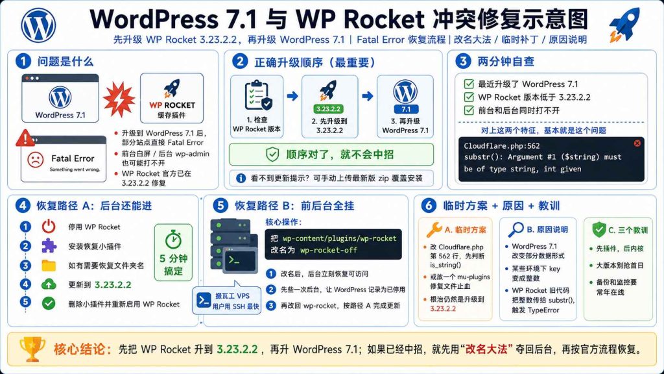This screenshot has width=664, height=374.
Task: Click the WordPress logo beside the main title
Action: (38, 25)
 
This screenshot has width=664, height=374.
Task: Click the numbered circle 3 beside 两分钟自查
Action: (463, 62)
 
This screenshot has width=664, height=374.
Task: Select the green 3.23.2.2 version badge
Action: (328, 109)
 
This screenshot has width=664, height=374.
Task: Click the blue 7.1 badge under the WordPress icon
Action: (406, 109)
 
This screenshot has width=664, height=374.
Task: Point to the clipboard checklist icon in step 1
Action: (258, 95)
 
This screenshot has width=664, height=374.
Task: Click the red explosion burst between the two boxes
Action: (119, 99)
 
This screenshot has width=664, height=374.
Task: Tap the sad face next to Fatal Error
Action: (36, 160)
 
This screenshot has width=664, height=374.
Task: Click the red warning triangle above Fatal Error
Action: (25, 138)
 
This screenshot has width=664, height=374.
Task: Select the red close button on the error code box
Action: (637, 143)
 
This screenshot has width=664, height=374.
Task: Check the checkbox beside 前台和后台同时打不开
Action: (469, 110)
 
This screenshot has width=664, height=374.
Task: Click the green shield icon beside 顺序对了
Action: (272, 155)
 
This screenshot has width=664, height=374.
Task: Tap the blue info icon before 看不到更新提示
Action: (241, 178)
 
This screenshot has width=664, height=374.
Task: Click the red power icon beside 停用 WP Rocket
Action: (49, 227)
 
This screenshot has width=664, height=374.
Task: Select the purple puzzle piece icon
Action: (49, 246)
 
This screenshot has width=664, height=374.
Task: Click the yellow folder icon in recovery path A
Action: (49, 266)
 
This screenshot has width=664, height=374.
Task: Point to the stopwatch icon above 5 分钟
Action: (173, 240)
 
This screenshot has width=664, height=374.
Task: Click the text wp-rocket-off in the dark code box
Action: (329, 250)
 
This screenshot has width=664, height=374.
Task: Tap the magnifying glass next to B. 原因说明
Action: (516, 229)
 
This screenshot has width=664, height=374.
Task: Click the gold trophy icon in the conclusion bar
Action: (32, 349)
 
